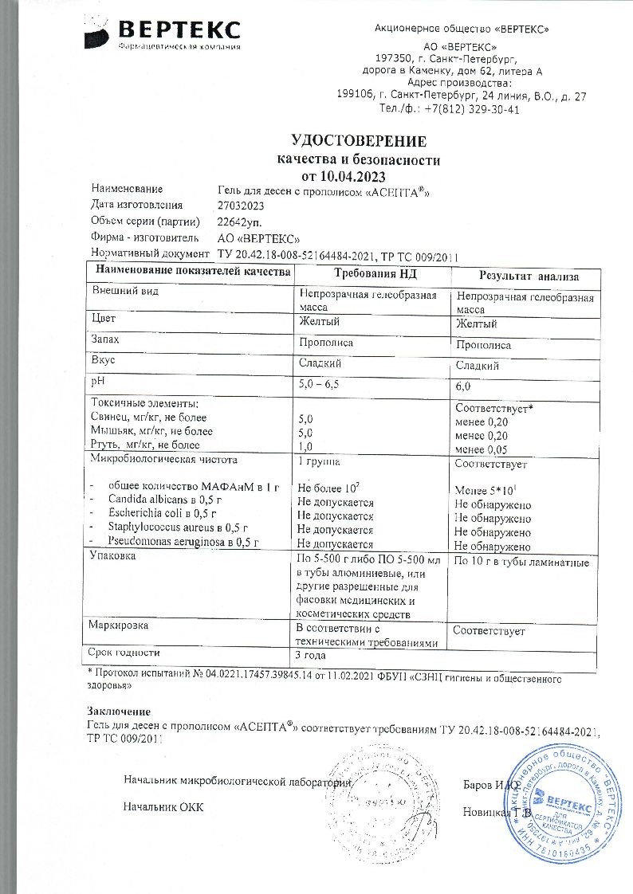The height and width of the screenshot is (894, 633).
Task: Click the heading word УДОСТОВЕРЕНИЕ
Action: coord(359,142)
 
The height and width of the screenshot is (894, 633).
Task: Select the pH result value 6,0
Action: coord(462,386)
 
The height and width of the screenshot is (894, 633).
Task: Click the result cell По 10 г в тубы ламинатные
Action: coord(521,563)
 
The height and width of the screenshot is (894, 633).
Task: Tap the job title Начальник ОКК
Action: coord(163,807)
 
